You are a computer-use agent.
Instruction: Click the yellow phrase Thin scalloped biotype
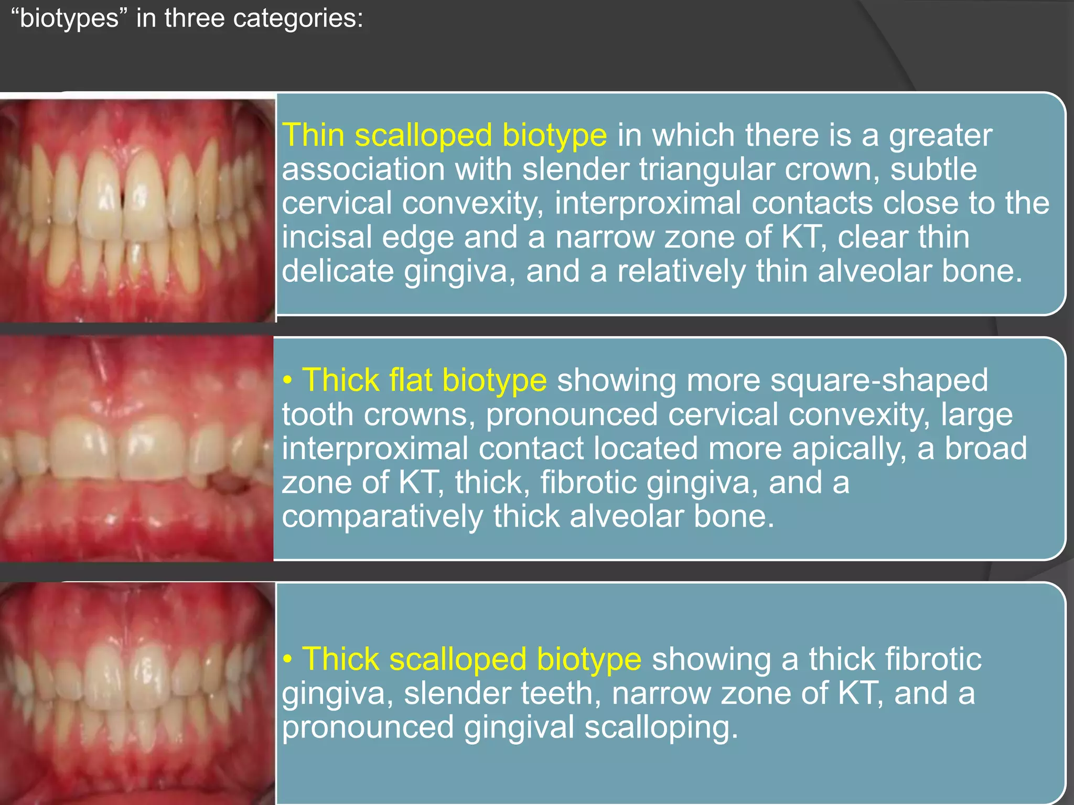[444, 135]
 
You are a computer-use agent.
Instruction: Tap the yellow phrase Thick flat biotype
[424, 380]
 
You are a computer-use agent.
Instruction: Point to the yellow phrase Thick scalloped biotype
[471, 659]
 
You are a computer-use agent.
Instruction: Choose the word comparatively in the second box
[382, 517]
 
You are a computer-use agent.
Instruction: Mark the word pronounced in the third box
[368, 727]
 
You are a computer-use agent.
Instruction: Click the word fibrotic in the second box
[588, 482]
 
